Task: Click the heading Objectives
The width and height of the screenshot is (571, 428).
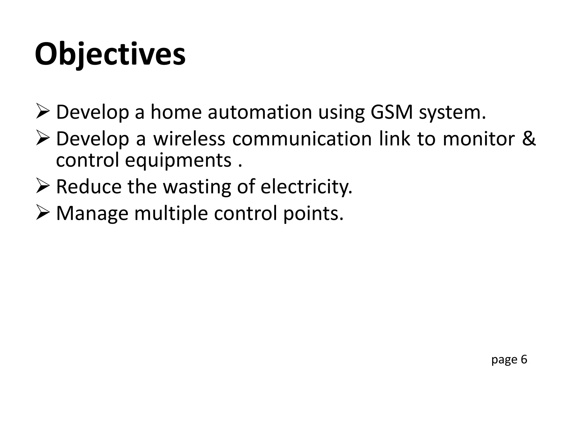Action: pos(110,54)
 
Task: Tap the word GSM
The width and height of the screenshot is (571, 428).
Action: pos(391,112)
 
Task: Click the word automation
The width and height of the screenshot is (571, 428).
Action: pos(260,112)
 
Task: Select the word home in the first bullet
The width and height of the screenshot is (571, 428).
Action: pos(176,112)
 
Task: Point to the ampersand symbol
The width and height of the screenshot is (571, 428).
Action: pos(529,138)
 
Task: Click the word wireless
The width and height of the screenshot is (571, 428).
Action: pos(189,138)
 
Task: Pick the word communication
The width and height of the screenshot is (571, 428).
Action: pos(302,138)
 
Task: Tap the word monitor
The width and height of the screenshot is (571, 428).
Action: pos(479,138)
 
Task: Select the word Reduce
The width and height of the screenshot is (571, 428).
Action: pos(89,186)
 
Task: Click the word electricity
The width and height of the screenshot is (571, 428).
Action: pos(306,186)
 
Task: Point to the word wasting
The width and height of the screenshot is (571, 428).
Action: pos(197,186)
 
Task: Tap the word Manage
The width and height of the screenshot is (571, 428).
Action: pos(92,213)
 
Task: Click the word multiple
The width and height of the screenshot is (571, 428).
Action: pos(171,213)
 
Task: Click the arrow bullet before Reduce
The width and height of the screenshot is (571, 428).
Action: pos(43,187)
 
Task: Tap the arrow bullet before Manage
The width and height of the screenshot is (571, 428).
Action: pos(43,213)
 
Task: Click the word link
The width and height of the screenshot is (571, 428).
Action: pos(395,138)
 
